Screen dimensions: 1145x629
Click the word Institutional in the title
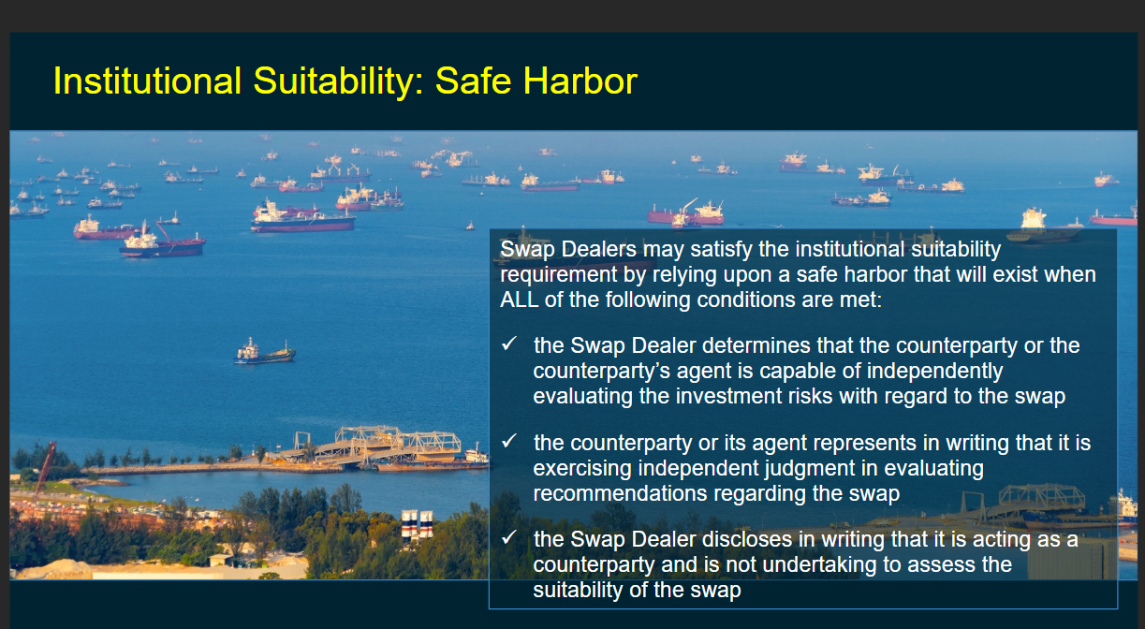click(x=147, y=80)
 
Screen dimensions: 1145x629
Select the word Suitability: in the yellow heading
click(x=339, y=81)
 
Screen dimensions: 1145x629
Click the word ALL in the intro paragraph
click(x=519, y=300)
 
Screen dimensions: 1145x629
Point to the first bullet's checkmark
click(x=509, y=344)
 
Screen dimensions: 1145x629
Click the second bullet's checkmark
click(x=509, y=441)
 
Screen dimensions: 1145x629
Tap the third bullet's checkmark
click(x=509, y=537)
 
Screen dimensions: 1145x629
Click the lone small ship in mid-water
click(x=265, y=352)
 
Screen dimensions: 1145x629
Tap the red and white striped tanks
click(x=418, y=524)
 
